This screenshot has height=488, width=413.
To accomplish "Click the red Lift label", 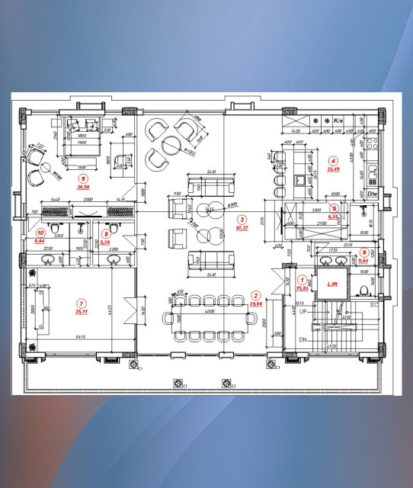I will click(x=332, y=284).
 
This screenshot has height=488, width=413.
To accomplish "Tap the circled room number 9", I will click(x=84, y=179).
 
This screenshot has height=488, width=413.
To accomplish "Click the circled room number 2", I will click(x=256, y=295).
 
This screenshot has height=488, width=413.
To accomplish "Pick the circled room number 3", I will click(x=242, y=219).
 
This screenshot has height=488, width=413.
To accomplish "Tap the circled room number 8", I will click(x=106, y=234).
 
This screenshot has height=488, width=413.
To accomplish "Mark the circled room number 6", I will click(x=363, y=252).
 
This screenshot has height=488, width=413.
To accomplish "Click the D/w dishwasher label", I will click(x=373, y=194).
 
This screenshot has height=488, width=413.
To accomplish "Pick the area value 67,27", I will click(x=243, y=227).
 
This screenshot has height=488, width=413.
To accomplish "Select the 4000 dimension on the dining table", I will click(x=207, y=311).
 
